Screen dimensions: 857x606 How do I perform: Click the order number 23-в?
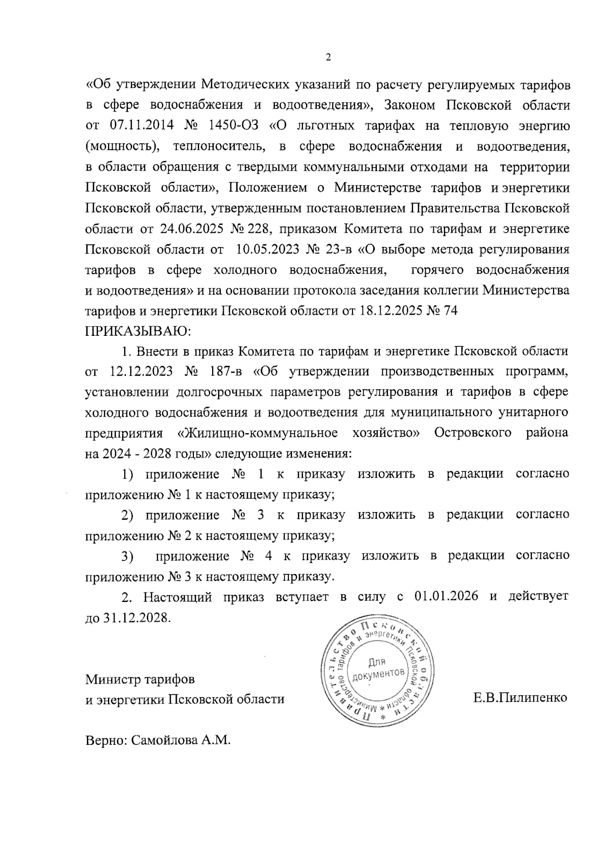(x=340, y=249)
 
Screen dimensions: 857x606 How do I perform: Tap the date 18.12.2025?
(x=389, y=311)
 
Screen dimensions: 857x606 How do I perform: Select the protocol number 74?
(x=449, y=311)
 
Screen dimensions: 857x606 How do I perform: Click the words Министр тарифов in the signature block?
(x=140, y=679)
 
